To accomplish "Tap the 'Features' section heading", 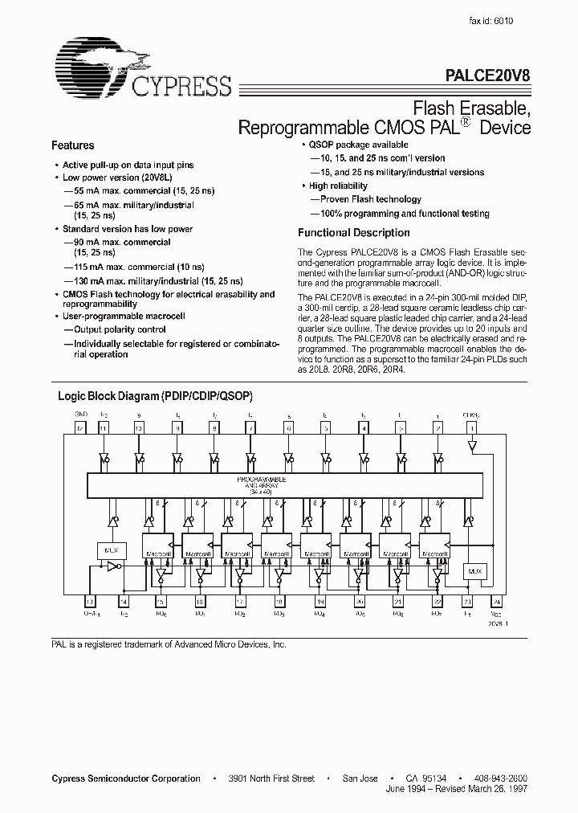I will [x=72, y=145].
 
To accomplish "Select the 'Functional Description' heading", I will [x=353, y=233].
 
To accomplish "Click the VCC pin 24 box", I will [x=496, y=601].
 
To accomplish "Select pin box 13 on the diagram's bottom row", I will [x=90, y=601].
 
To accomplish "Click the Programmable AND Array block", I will [x=285, y=484].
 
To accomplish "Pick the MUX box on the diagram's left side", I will [x=112, y=549].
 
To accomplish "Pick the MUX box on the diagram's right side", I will [x=474, y=571].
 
